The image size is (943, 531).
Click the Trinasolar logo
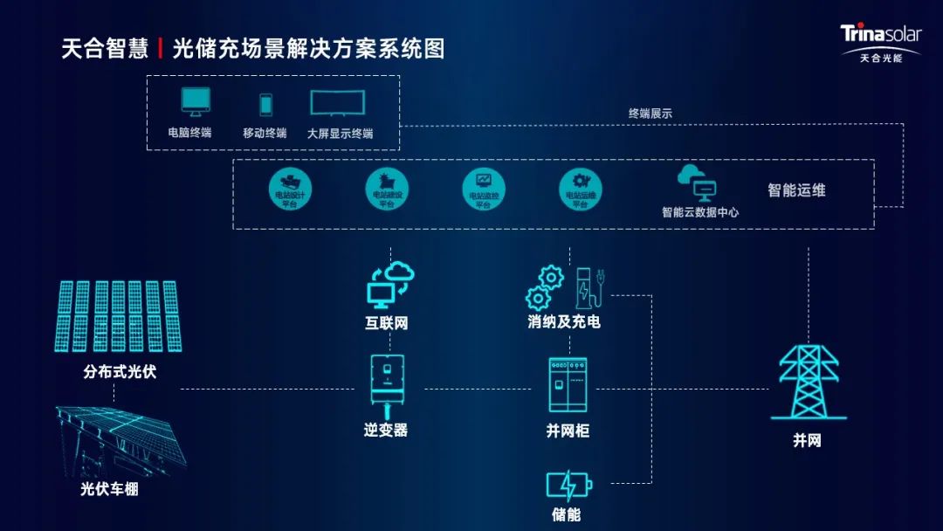pyautogui.click(x=879, y=42)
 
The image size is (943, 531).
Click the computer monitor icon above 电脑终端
pyautogui.click(x=196, y=102)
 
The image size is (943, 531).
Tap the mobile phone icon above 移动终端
pyautogui.click(x=265, y=105)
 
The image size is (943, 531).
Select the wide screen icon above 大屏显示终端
pyautogui.click(x=337, y=103)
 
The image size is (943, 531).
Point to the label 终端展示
pyautogui.click(x=650, y=114)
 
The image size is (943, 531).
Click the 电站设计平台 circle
pyautogui.click(x=290, y=190)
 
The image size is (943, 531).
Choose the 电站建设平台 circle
pyautogui.click(x=387, y=190)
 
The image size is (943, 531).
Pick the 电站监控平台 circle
pyautogui.click(x=484, y=190)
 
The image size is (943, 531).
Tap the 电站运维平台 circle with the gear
pyautogui.click(x=581, y=190)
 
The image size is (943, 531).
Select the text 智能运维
pyautogui.click(x=796, y=190)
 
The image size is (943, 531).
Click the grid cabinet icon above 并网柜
pyautogui.click(x=568, y=385)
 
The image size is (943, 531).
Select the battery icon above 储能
pyautogui.click(x=568, y=485)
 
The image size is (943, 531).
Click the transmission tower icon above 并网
pyautogui.click(x=808, y=382)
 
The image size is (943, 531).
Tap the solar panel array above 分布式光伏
pyautogui.click(x=118, y=316)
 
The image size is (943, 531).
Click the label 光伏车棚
pyautogui.click(x=109, y=489)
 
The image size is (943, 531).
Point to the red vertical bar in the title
pyautogui.click(x=161, y=48)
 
